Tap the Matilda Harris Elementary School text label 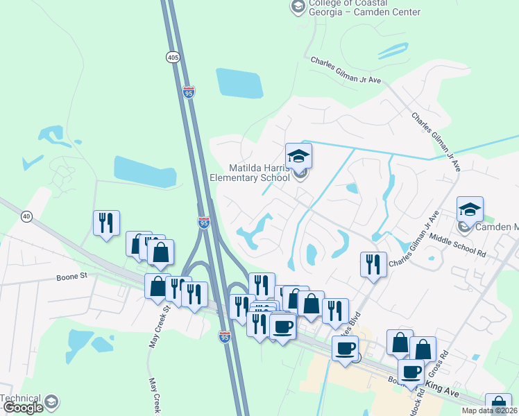pos(250,173)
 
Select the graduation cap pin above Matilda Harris pos(298,156)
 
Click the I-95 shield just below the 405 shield pos(189,92)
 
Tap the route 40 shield pos(26,216)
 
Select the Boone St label pos(71,276)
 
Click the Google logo pos(22,408)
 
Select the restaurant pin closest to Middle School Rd pos(373,264)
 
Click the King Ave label pos(442,392)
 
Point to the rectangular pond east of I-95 pos(239,84)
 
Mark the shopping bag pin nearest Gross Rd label pos(423,349)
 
